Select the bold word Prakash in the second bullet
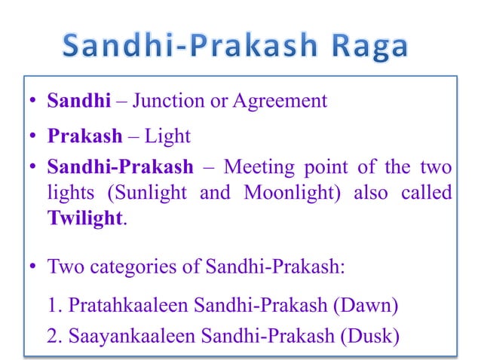(85, 137)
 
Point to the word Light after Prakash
(167, 137)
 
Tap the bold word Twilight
(83, 218)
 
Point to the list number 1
(52, 307)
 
